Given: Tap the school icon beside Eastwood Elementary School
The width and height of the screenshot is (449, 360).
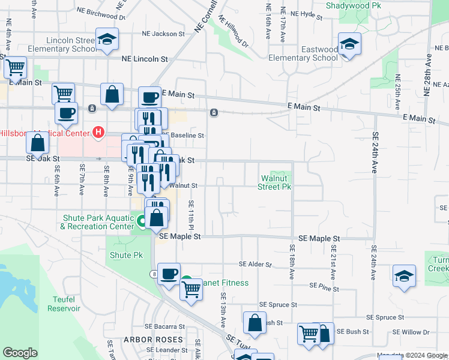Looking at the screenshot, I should click(349, 44).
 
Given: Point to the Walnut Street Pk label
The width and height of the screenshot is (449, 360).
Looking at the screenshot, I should click(275, 182).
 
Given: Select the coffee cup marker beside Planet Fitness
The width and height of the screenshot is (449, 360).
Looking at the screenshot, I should click(169, 273).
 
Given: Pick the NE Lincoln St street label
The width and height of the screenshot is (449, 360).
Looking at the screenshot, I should click(144, 59).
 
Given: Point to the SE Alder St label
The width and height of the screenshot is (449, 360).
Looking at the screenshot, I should click(255, 264).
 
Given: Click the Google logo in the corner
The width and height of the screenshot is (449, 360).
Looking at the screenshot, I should click(20, 353).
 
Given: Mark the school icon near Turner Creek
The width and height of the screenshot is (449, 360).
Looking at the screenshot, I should click(405, 276).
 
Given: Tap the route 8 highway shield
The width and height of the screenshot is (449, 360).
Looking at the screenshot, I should click(154, 274).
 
